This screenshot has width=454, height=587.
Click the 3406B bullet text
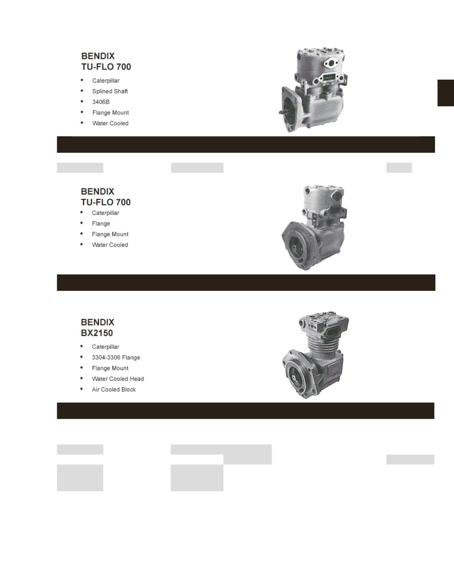point(101,102)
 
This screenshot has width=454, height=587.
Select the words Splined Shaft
point(110,91)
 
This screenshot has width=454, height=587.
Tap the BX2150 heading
point(97,333)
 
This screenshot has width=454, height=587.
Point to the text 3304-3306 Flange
point(116,357)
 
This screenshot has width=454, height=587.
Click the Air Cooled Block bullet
point(114,389)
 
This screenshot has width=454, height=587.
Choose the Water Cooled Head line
point(117,379)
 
